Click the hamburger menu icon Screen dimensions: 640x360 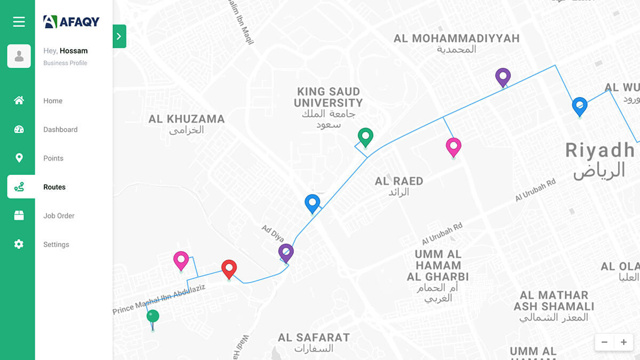click(19, 22)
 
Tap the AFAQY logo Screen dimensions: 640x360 click(71, 21)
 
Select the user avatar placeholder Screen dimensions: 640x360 click(19, 56)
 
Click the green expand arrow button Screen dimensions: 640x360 click(119, 36)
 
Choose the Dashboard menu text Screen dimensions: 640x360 click(60, 130)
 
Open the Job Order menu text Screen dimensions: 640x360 click(59, 216)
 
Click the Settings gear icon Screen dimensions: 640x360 click(19, 244)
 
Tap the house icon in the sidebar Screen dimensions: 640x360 click(19, 100)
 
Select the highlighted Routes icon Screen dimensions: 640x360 click(19, 187)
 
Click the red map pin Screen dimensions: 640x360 click(229, 268)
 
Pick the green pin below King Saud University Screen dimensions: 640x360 click(365, 137)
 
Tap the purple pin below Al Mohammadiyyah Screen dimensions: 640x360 click(502, 76)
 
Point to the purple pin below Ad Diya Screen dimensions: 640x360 click(286, 252)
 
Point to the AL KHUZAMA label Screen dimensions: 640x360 click(186, 119)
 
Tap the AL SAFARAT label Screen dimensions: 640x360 click(314, 338)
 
